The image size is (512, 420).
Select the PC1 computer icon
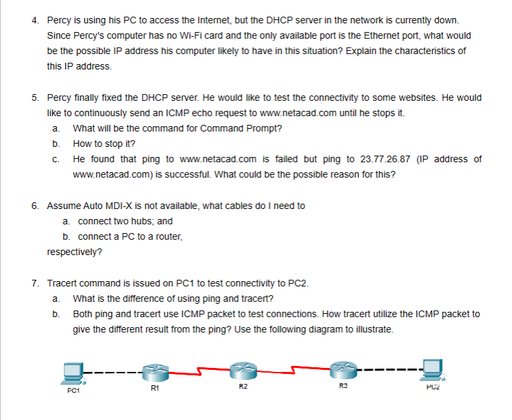coord(72,371)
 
